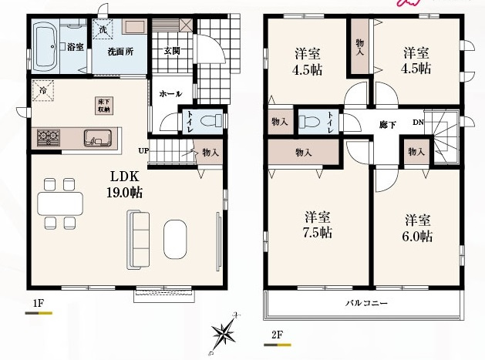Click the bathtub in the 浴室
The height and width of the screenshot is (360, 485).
click(x=46, y=47)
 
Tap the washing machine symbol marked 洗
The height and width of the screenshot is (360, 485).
click(x=103, y=30)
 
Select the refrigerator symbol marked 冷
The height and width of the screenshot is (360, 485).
click(x=42, y=91)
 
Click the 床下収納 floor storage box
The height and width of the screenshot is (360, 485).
click(x=104, y=106)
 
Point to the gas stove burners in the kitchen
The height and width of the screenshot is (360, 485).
click(x=49, y=138)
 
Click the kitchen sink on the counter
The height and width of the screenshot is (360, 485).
click(x=97, y=138)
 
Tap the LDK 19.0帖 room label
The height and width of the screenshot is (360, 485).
click(x=125, y=185)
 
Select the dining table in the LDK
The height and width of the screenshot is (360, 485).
click(x=60, y=204)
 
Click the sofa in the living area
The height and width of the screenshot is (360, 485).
click(x=138, y=240)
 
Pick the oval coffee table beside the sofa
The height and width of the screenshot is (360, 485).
click(x=175, y=239)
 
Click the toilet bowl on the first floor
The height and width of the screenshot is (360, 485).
click(x=211, y=120)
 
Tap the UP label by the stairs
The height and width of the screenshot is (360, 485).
click(x=144, y=151)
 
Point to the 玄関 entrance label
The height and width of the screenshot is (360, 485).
click(x=172, y=51)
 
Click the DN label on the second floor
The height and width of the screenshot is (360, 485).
click(x=418, y=123)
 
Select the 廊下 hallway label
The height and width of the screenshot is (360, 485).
click(x=388, y=125)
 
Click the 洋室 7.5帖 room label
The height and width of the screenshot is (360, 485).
click(x=318, y=224)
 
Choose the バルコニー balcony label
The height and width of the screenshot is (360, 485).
click(x=366, y=302)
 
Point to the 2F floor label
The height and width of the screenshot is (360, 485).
click(x=277, y=335)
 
